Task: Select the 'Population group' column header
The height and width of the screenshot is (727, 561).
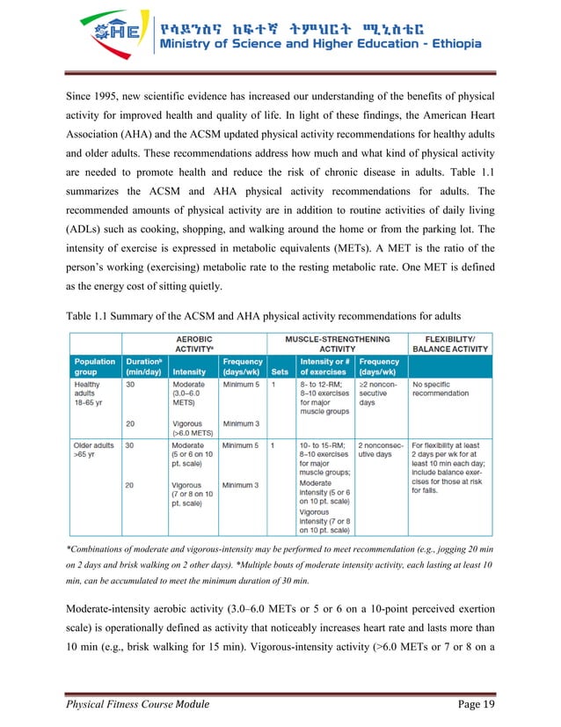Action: click(x=94, y=366)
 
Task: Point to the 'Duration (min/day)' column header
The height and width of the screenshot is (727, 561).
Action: click(x=143, y=366)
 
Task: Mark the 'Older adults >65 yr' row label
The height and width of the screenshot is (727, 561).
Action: click(x=93, y=452)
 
